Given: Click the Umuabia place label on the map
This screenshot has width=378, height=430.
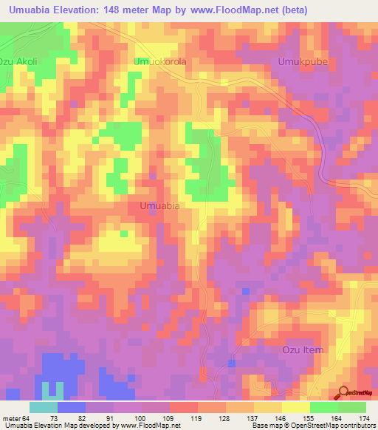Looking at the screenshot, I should point(159,207).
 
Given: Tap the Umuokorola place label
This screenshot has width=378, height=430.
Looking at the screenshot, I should point(159,62).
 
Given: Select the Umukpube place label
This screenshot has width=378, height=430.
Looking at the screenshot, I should point(302,62).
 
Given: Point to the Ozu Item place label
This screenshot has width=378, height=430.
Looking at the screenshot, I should point(303,349).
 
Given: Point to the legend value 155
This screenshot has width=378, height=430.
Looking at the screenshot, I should point(311,418).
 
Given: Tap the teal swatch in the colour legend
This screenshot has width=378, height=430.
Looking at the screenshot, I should point(44,407).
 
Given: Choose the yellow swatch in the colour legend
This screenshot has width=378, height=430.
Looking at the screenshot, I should point(296,407).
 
